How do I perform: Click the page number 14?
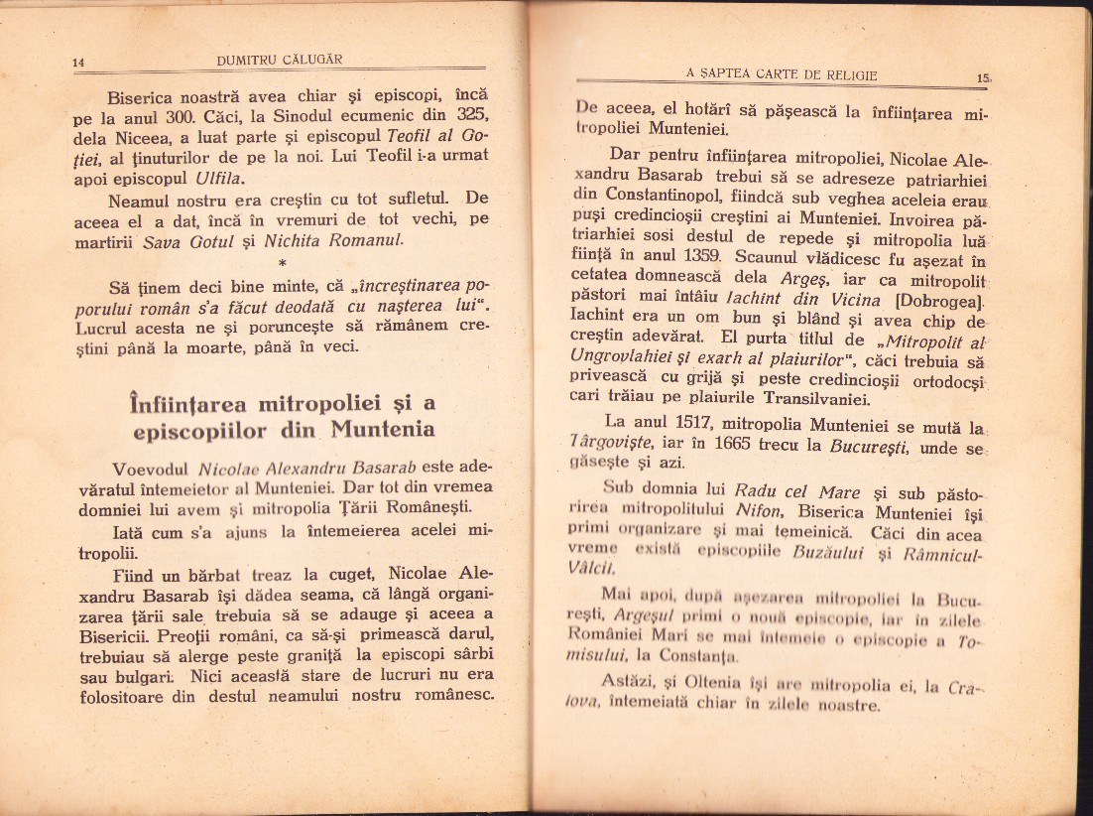point(80,64)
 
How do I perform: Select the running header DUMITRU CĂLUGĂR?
point(280,60)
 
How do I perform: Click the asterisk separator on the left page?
point(284,264)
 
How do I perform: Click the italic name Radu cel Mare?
point(784,491)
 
